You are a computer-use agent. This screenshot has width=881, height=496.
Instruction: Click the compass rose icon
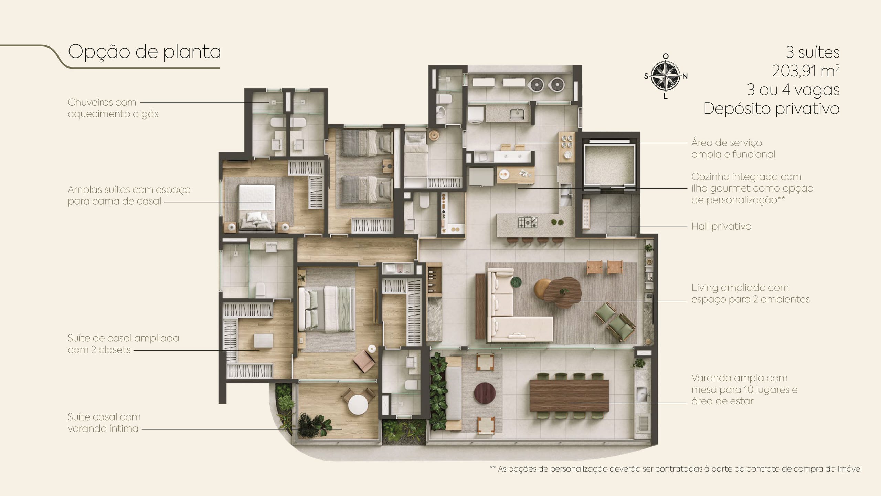666,76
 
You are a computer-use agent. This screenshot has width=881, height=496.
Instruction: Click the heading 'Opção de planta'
145,52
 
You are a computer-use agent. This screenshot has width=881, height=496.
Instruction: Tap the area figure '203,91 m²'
806,71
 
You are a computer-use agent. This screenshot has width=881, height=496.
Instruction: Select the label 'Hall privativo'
721,226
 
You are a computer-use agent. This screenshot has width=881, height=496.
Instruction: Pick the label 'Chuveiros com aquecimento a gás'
113,108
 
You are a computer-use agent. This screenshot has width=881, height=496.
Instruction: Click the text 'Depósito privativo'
771,108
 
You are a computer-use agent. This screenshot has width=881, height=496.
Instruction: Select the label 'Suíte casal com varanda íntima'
104,423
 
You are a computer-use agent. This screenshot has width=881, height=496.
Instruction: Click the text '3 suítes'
813,52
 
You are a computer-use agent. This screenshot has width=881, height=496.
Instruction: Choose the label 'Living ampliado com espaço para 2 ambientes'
751,293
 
